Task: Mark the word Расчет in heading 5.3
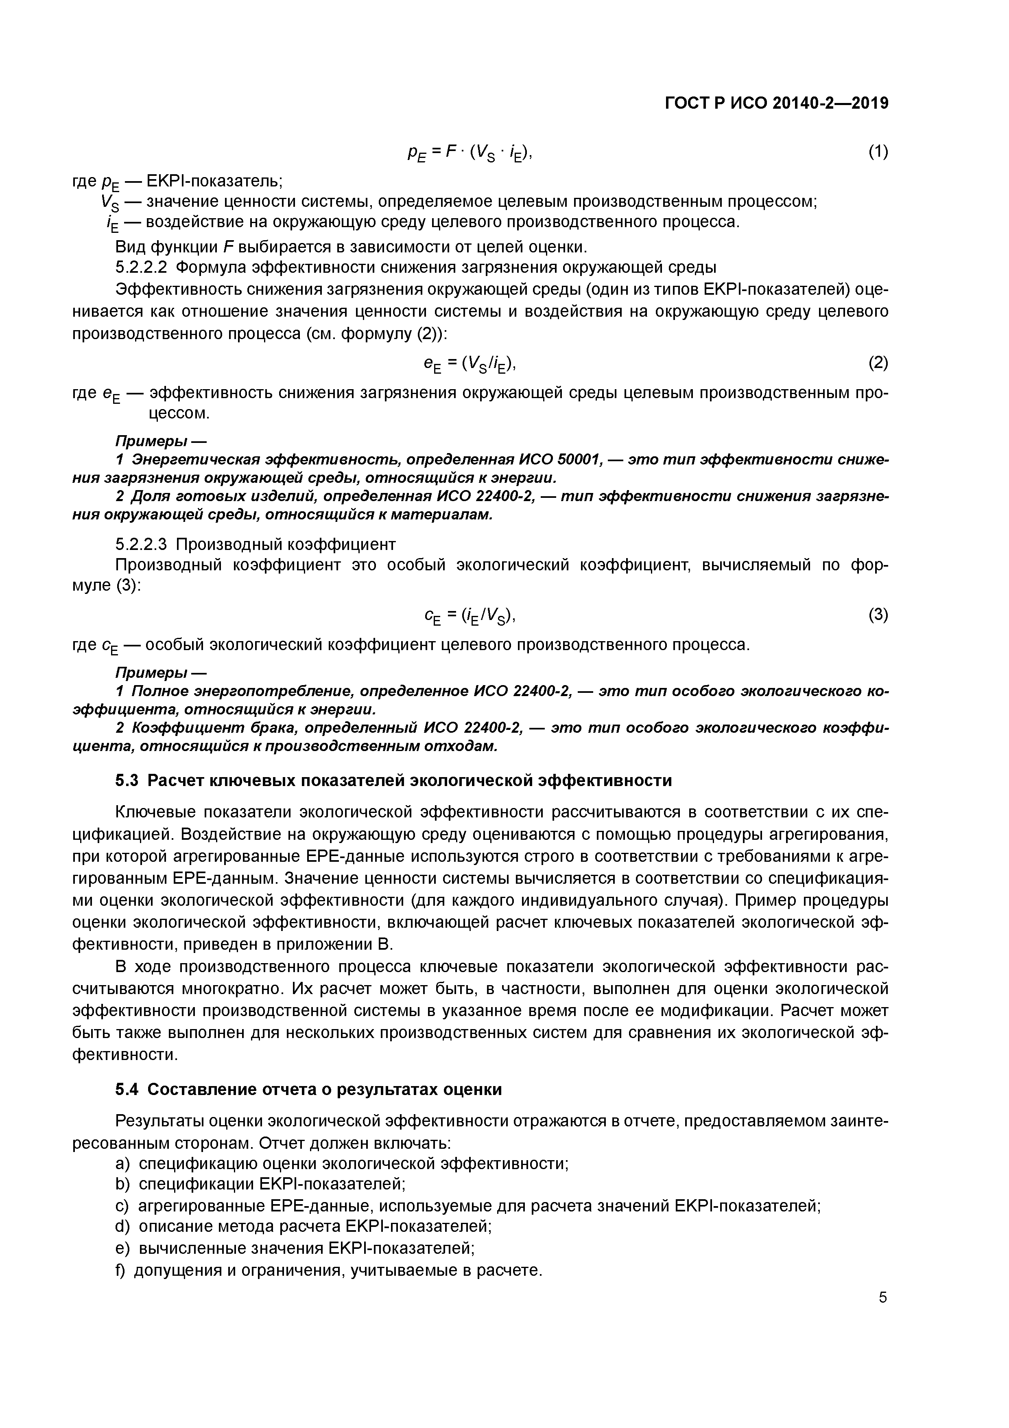[180, 780]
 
